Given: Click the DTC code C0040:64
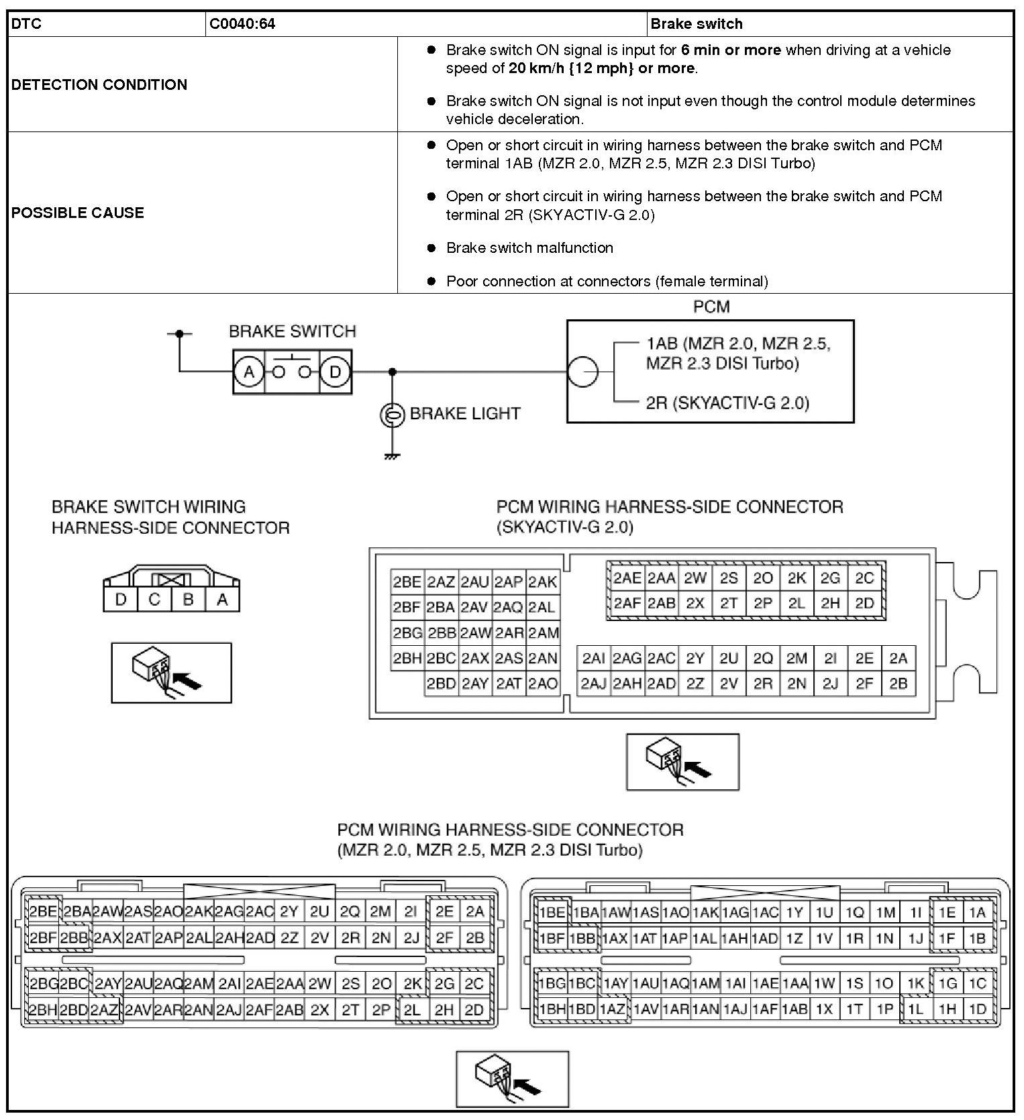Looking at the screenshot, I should [x=242, y=24].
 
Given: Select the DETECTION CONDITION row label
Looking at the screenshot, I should [x=99, y=85].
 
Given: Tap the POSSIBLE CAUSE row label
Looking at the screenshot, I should [x=78, y=213].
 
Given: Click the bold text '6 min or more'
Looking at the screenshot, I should [x=731, y=50].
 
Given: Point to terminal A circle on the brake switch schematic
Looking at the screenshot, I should [x=249, y=372].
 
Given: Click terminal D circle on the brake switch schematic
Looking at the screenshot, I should [x=336, y=372].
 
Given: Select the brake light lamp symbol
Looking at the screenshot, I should [x=392, y=415].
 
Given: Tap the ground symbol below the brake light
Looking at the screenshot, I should [x=392, y=457].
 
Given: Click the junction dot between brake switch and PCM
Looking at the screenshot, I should [x=393, y=372].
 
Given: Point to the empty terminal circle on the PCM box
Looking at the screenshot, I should [x=582, y=372].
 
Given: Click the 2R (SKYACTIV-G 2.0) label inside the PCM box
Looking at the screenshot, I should [x=727, y=403].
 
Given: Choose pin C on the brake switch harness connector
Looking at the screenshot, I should [x=154, y=600].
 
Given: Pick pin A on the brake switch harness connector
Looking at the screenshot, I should [x=222, y=600].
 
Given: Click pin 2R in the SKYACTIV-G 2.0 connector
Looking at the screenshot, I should [x=763, y=684].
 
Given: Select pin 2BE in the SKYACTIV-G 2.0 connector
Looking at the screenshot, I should [x=407, y=582].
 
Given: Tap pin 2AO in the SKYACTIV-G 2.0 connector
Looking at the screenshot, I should [x=543, y=684].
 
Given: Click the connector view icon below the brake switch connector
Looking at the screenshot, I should [x=171, y=673].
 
